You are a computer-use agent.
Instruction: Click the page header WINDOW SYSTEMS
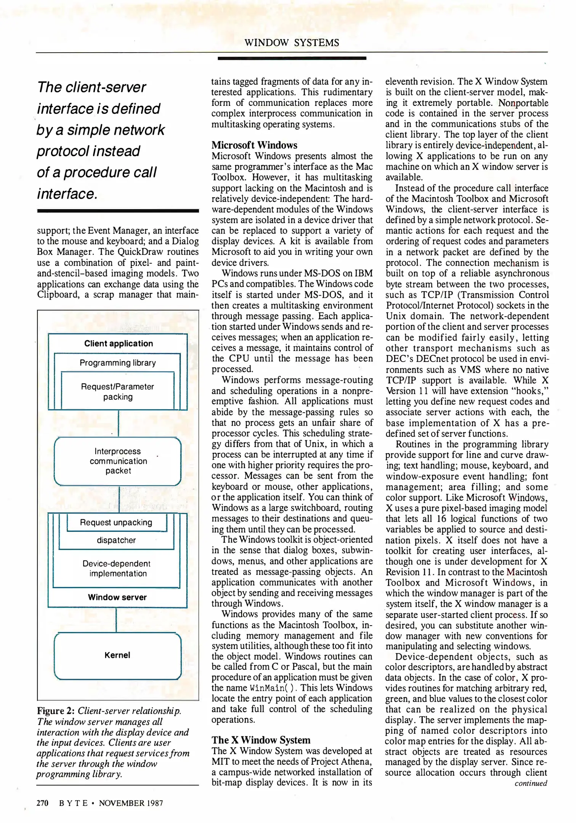coord(292,43)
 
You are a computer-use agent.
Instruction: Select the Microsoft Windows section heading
coord(254,145)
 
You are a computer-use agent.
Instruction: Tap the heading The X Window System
coord(261,740)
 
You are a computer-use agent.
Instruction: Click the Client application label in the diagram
coord(119,343)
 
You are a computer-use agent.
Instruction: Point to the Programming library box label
coord(117,363)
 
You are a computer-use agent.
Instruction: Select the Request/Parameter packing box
coord(117,391)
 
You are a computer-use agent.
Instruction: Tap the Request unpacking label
coord(116,522)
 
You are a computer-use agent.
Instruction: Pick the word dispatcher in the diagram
coord(116,540)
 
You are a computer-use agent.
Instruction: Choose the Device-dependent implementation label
coord(117,568)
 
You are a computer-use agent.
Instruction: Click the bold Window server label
coord(117,597)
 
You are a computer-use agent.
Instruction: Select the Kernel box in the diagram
coord(117,655)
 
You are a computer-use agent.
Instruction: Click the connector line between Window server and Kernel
coord(116,620)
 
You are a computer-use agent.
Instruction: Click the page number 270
coord(42,803)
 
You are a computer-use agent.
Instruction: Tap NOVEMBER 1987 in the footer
coord(131,803)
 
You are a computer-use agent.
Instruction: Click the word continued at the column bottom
coord(531,783)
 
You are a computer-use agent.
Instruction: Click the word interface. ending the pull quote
coord(67,194)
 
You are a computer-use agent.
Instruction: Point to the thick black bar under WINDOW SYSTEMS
coord(292,58)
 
